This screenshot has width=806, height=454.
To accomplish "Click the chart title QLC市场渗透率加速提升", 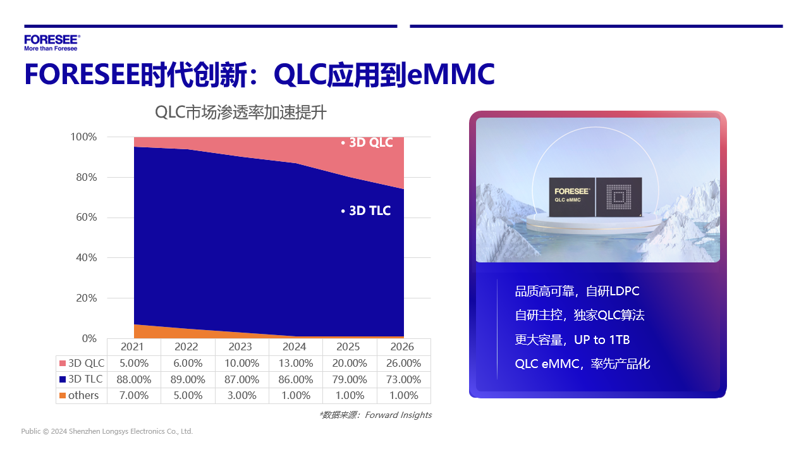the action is (x=241, y=113).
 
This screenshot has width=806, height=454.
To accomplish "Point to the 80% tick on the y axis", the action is (x=87, y=177).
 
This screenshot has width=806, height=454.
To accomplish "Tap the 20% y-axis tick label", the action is (x=87, y=298).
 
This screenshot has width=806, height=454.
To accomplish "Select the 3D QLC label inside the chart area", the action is (x=367, y=142).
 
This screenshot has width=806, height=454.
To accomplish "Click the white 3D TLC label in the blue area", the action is (x=366, y=211).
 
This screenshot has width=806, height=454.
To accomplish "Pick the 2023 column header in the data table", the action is (x=240, y=347).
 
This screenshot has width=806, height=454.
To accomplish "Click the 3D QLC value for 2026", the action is (x=404, y=363).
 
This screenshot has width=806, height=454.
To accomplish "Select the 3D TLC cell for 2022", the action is (x=188, y=379).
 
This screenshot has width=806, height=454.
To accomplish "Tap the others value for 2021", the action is (x=134, y=395).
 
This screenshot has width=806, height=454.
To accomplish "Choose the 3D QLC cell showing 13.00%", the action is (x=296, y=363).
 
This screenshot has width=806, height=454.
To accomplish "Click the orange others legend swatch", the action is (x=63, y=395).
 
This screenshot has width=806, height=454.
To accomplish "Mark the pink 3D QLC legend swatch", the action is (x=63, y=363).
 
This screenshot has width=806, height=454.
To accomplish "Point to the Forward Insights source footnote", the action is (x=376, y=415).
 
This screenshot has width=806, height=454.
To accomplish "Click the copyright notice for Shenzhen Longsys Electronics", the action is (x=107, y=431).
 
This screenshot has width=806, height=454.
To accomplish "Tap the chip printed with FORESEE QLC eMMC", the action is (x=571, y=197).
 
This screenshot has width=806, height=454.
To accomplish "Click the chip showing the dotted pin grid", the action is (x=619, y=197).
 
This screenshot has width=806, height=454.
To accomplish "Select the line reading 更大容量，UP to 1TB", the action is (x=572, y=340).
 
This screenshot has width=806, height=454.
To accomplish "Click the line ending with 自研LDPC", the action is (x=577, y=291).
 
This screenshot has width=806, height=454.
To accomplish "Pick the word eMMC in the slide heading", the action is (x=451, y=74).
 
